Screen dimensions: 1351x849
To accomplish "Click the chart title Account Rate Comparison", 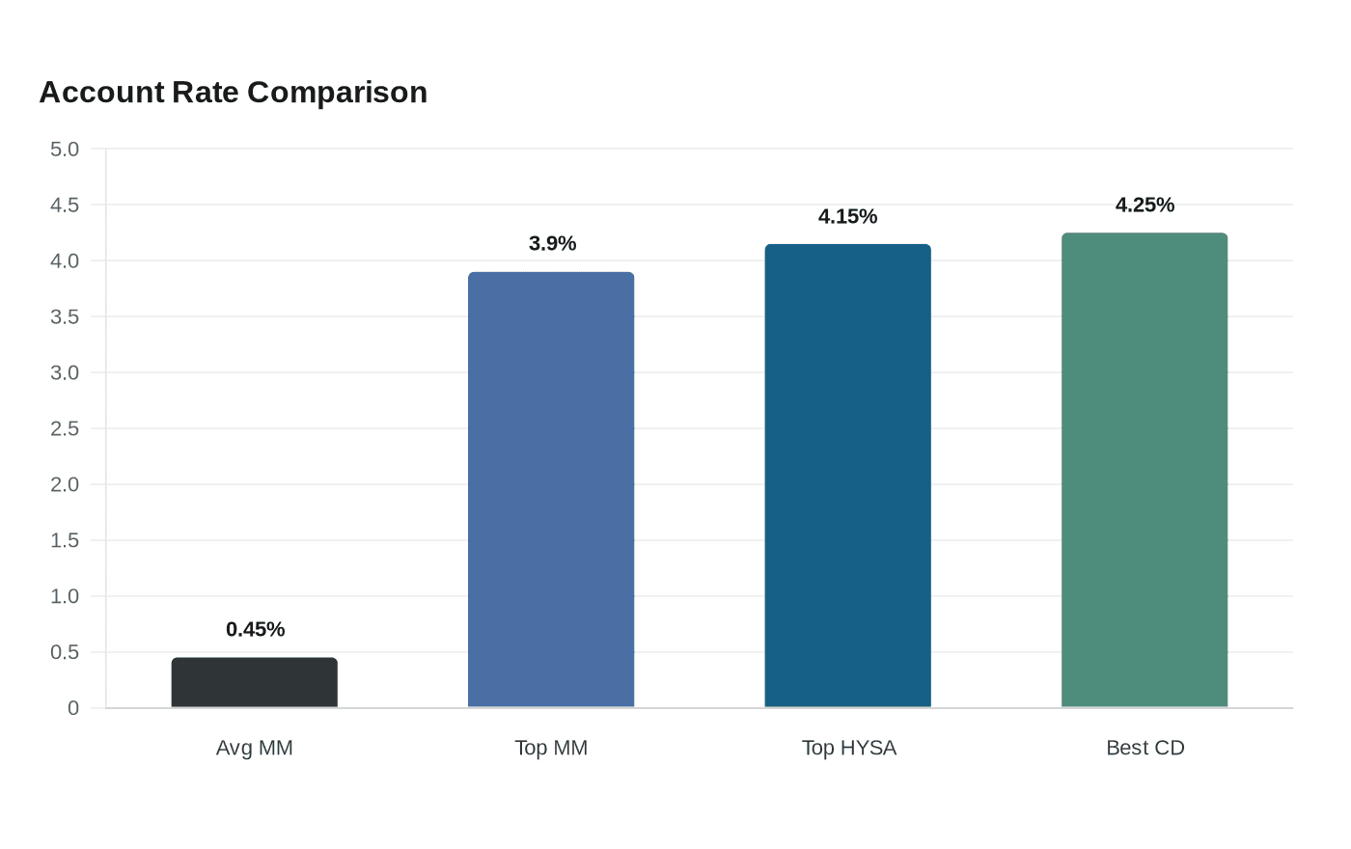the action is [x=234, y=93].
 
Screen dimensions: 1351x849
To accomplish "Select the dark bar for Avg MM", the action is [x=255, y=682].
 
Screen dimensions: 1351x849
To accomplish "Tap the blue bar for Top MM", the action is [x=551, y=490].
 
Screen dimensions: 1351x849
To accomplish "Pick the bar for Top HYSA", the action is [x=848, y=476].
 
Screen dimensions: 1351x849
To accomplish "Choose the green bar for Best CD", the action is [x=1144, y=470].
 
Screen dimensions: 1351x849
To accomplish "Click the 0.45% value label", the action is [x=255, y=629].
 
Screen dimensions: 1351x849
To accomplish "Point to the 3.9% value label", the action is [x=552, y=243].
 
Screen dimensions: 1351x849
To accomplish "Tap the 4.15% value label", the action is [x=847, y=216].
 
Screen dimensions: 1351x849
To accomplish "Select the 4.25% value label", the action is [x=1144, y=205].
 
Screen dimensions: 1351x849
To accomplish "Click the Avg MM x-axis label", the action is [x=255, y=748].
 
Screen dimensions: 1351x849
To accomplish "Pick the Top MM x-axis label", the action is [x=551, y=748].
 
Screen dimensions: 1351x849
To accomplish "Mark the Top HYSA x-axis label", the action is [x=849, y=748].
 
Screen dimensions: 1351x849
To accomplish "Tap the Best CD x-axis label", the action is [x=1145, y=748].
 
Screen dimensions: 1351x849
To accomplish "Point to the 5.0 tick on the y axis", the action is [x=65, y=149].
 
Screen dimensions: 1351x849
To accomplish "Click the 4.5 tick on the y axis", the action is [x=65, y=205].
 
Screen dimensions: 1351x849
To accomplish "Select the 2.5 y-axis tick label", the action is [x=65, y=428].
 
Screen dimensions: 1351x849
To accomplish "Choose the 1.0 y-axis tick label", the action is [x=65, y=596].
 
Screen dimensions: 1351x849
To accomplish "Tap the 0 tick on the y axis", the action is [x=73, y=708].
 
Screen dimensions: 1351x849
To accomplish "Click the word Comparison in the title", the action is [x=337, y=94].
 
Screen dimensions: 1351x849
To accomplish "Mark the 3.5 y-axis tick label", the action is [x=65, y=316].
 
